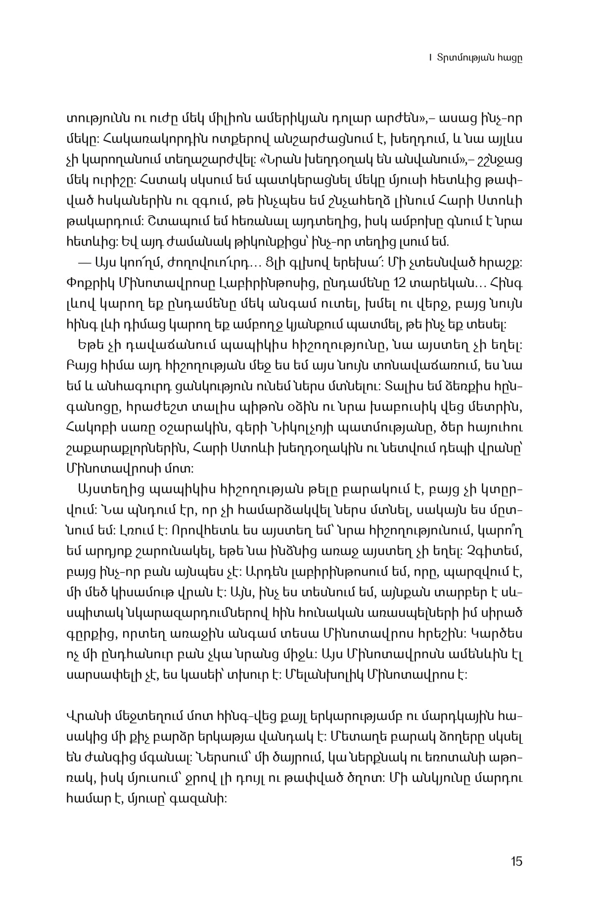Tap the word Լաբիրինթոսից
tap(272, 283)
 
